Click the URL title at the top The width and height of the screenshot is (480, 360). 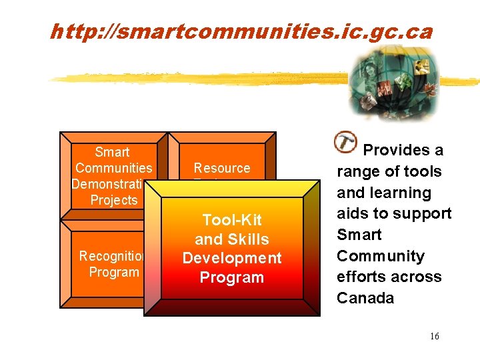(241, 31)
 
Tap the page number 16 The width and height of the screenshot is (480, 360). (434, 336)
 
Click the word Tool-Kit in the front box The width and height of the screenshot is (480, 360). (232, 220)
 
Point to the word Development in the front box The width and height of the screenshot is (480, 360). (232, 258)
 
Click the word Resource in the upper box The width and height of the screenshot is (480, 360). (222, 168)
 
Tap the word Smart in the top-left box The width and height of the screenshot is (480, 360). (112, 152)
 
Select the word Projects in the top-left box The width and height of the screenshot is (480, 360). (113, 200)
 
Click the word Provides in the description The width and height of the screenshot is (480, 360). (403, 150)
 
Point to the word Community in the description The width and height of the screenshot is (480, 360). (380, 256)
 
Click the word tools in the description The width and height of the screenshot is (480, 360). (423, 171)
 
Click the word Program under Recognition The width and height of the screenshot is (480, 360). (114, 272)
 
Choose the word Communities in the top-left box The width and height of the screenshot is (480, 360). (114, 168)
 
